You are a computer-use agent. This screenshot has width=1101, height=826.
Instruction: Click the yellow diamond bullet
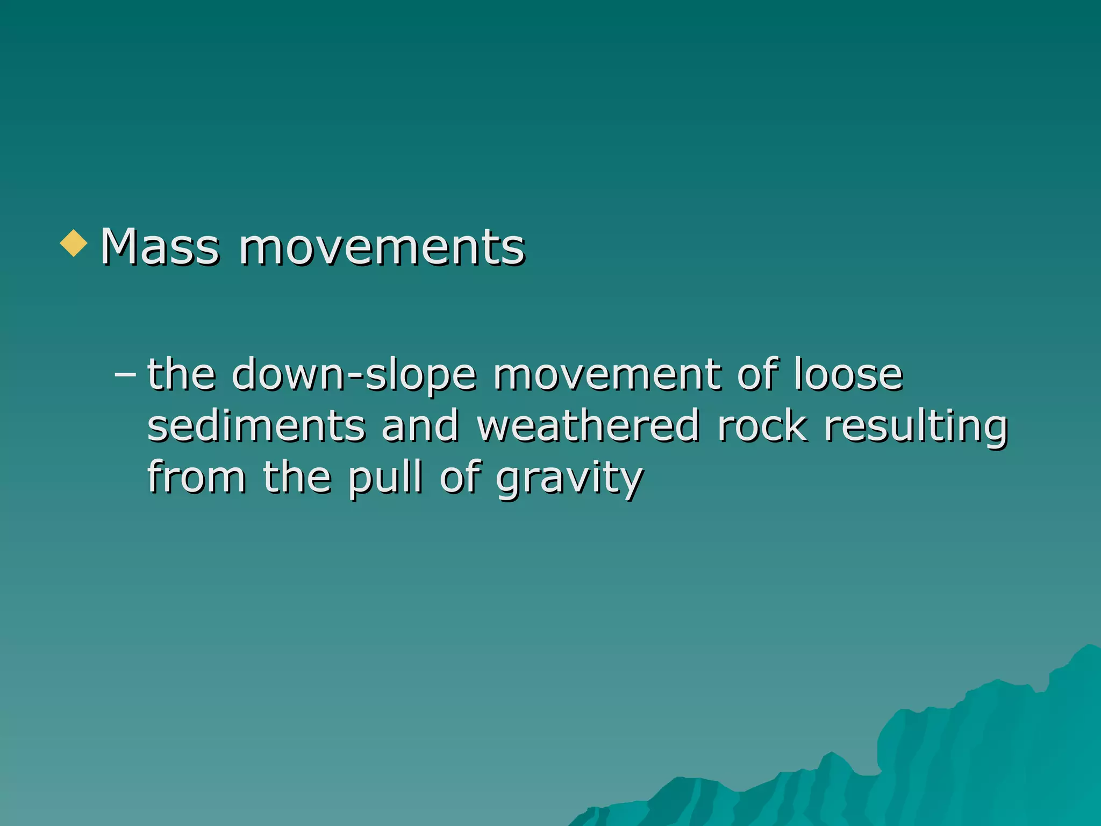point(74,244)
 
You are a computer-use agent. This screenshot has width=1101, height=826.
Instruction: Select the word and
point(420,425)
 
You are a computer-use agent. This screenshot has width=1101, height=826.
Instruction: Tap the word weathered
point(589,425)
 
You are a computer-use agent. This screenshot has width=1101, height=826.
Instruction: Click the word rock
point(762,425)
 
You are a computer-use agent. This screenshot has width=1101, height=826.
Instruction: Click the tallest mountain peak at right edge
point(1089,649)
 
